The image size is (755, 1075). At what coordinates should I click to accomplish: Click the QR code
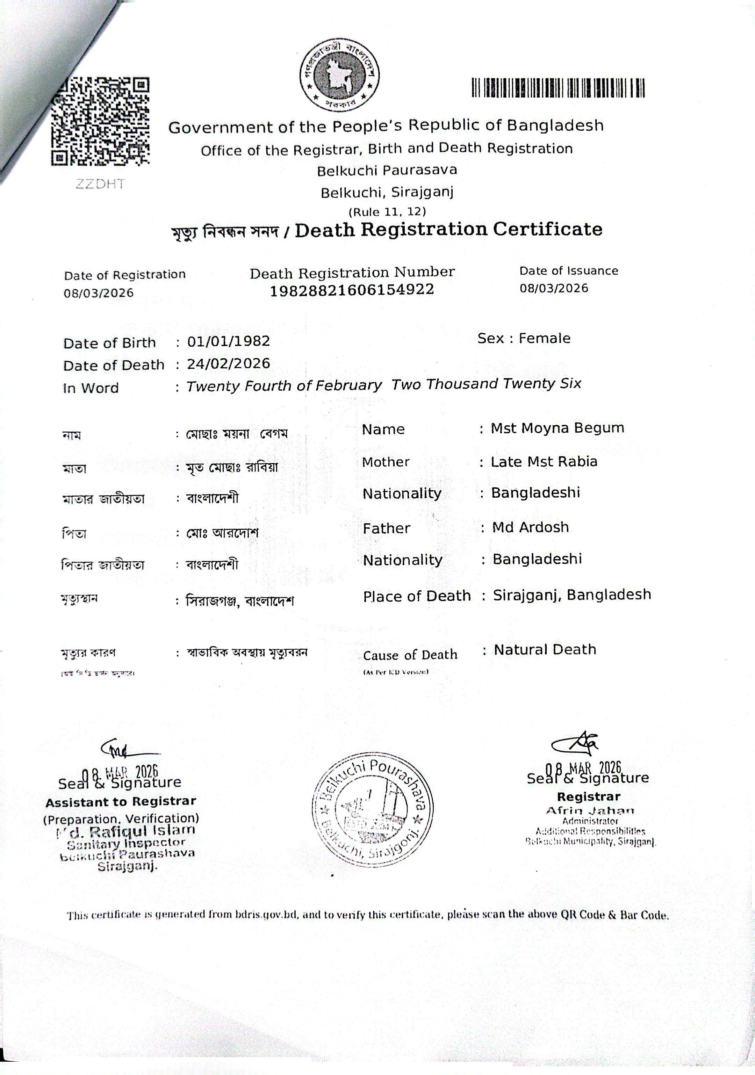coord(100,122)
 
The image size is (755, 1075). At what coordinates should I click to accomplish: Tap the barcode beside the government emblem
coord(558,88)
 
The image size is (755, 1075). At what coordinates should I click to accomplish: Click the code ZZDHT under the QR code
coord(100,183)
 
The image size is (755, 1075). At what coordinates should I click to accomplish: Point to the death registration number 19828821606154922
coord(352,290)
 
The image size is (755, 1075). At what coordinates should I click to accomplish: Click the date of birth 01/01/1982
coord(229,341)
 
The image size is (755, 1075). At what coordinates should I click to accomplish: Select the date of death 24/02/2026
coord(229,363)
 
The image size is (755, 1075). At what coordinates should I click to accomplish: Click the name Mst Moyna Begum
coord(558,428)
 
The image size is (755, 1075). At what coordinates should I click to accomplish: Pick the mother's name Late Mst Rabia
coord(544,462)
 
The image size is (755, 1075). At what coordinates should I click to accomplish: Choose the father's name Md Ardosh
coord(530,527)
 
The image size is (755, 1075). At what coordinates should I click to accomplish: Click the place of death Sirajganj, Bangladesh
coord(572,594)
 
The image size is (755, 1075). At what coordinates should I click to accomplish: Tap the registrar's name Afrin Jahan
coord(590,810)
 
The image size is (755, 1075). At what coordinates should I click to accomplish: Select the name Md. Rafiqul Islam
coord(125,831)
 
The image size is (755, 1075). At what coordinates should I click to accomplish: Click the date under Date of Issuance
coord(554,288)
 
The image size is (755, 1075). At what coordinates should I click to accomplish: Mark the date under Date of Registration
coord(99,293)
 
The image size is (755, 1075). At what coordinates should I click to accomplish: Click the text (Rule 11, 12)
coord(387,212)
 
